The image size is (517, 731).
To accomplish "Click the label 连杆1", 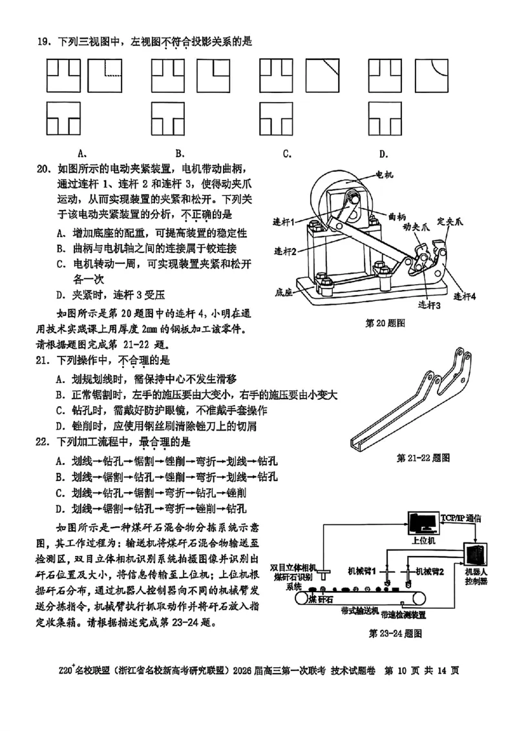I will [x=284, y=221].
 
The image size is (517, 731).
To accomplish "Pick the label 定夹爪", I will [x=450, y=221].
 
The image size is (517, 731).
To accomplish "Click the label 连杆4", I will [x=465, y=296].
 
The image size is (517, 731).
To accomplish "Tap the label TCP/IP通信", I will [x=459, y=518].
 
